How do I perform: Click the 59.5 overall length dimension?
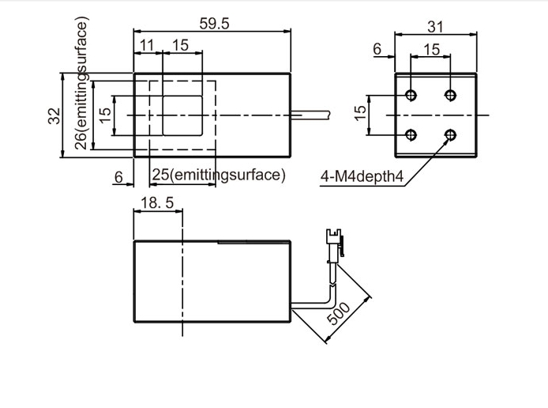click(x=214, y=24)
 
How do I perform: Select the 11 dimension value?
click(x=147, y=45)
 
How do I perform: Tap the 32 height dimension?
click(x=54, y=116)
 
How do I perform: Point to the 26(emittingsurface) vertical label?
click(x=81, y=83)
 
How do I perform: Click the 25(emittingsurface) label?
click(x=219, y=175)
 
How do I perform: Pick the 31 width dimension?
click(x=435, y=27)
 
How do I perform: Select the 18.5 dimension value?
click(x=157, y=202)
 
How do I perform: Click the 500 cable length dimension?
click(x=338, y=314)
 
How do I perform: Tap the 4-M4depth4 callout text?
click(x=362, y=176)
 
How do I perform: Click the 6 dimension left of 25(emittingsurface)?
click(x=118, y=177)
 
